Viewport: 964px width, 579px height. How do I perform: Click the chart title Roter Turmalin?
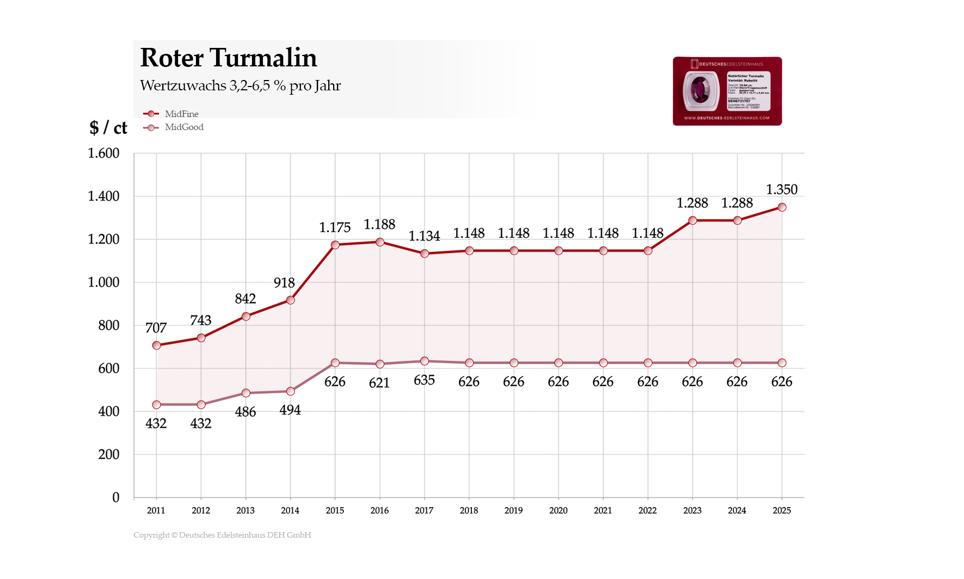click(x=228, y=58)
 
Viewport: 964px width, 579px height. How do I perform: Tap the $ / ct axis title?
click(x=108, y=127)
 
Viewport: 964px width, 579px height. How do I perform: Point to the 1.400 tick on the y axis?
click(x=103, y=196)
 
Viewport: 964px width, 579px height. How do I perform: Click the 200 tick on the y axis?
click(x=108, y=454)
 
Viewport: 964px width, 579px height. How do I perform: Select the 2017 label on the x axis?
click(x=424, y=510)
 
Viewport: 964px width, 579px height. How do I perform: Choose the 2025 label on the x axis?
click(x=782, y=510)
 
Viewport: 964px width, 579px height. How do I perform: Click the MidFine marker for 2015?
click(x=335, y=245)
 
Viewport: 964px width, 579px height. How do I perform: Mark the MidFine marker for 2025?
click(x=782, y=207)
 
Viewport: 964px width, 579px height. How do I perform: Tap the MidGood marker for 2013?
click(x=245, y=393)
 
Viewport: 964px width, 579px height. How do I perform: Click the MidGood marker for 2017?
click(x=425, y=361)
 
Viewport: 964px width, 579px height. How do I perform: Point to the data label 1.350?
click(x=782, y=189)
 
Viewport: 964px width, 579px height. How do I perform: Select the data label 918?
click(x=284, y=283)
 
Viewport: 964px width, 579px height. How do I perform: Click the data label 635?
click(x=424, y=380)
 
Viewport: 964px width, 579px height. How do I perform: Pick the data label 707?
click(x=156, y=328)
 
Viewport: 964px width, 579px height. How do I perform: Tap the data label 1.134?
click(x=424, y=236)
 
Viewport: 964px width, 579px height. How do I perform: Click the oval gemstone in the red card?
click(x=701, y=89)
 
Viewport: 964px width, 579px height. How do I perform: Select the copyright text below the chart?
click(x=222, y=535)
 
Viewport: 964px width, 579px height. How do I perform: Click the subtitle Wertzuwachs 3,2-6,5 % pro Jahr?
click(x=240, y=85)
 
